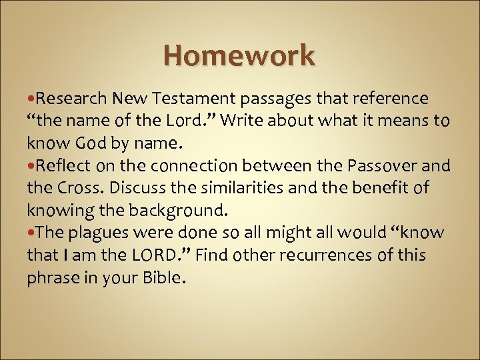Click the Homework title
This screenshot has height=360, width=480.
pyautogui.click(x=239, y=55)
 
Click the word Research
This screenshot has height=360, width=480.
pyautogui.click(x=71, y=99)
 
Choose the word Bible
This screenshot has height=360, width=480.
pyautogui.click(x=161, y=277)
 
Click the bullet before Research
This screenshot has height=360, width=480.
pyautogui.click(x=31, y=99)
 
